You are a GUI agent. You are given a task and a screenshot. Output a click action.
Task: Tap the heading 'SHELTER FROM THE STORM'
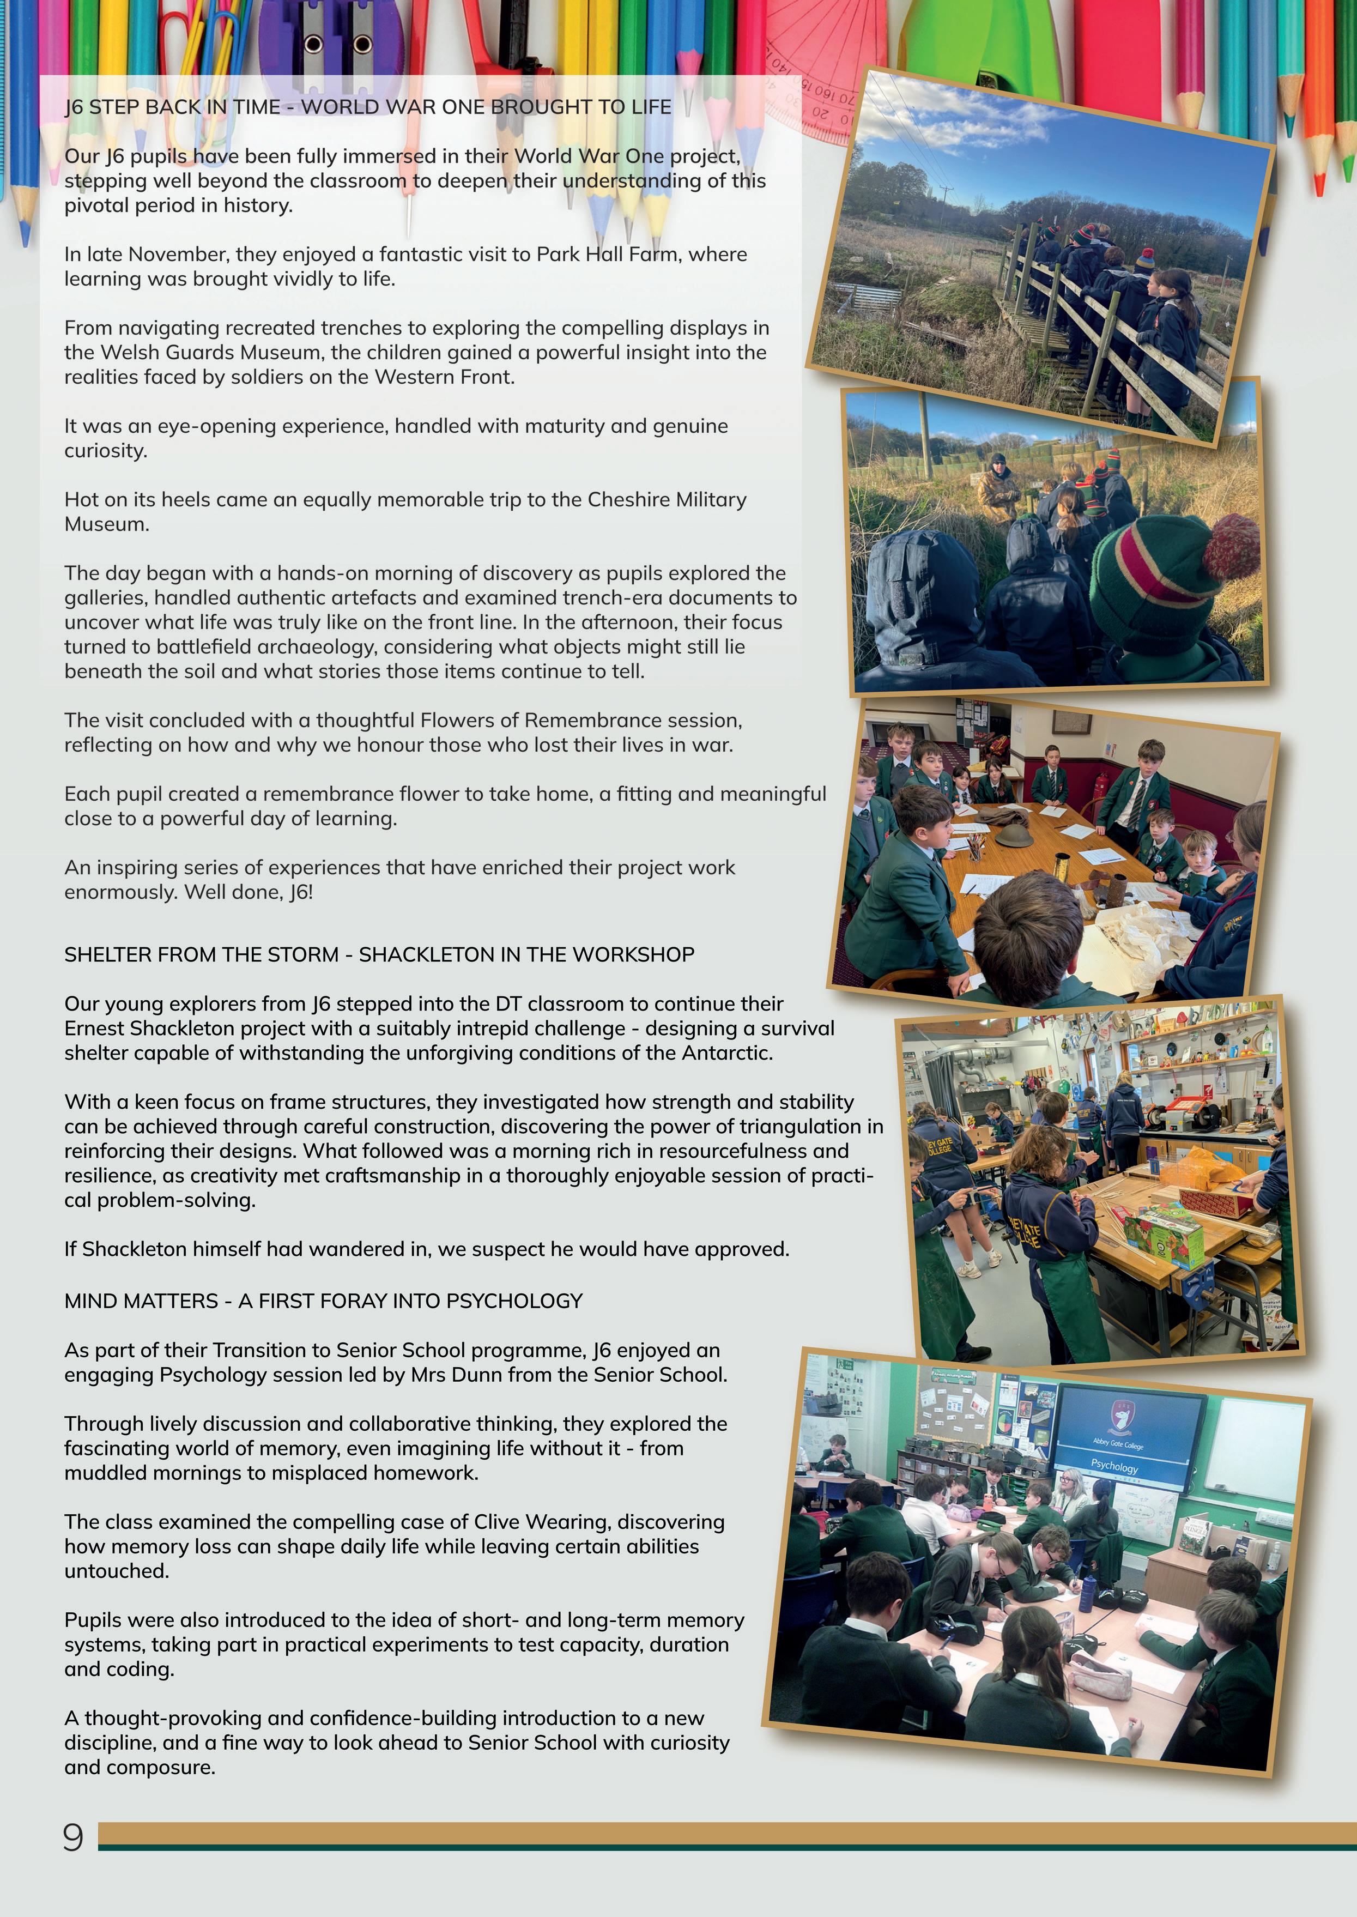201,954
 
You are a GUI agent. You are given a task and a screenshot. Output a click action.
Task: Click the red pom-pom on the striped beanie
1230,547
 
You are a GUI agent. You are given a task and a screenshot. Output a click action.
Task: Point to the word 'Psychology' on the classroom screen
1114,1467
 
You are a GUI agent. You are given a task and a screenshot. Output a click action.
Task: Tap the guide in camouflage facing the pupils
998,485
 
